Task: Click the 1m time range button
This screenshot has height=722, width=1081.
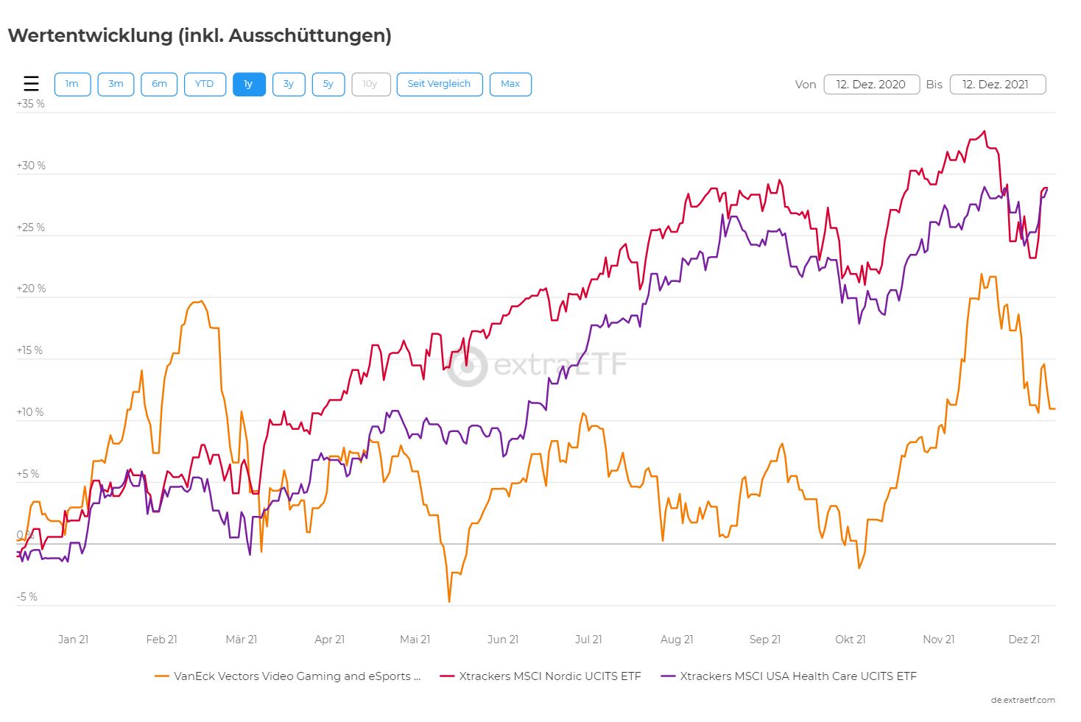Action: (x=72, y=84)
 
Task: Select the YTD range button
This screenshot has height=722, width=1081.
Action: (x=205, y=84)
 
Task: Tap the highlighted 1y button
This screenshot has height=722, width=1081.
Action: (x=249, y=84)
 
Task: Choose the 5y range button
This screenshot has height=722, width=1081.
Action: (x=328, y=84)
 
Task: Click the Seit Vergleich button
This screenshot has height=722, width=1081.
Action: (x=439, y=84)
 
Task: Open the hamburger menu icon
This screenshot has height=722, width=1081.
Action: (x=31, y=84)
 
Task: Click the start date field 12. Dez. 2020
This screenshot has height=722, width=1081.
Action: (x=871, y=84)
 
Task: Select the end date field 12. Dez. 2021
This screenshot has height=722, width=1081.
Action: (x=997, y=84)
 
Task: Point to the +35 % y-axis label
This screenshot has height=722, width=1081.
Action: (x=31, y=104)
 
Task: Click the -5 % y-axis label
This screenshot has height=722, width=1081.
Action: (x=28, y=597)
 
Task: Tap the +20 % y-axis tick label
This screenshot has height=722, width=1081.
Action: (x=31, y=289)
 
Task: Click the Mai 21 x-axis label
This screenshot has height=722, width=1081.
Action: (x=415, y=640)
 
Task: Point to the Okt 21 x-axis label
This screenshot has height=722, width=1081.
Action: (x=851, y=640)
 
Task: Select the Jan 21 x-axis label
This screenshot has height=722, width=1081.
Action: (x=73, y=640)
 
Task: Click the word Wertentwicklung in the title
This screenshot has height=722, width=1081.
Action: (x=90, y=35)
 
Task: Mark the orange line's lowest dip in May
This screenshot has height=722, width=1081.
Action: (x=449, y=601)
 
